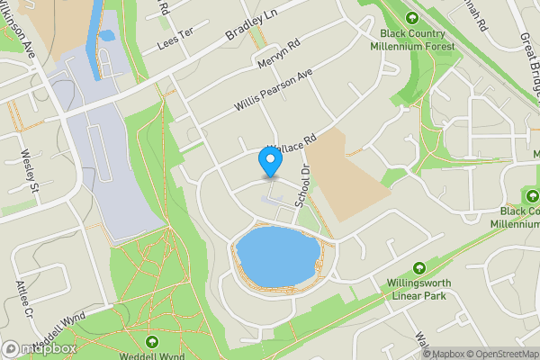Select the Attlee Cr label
pyautogui.click(x=23, y=302)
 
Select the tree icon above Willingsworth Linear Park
pyautogui.click(x=419, y=268)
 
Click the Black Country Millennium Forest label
pyautogui.click(x=413, y=40)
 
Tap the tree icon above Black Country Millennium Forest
pyautogui.click(x=413, y=18)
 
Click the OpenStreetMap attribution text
pyautogui.click(x=503, y=353)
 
